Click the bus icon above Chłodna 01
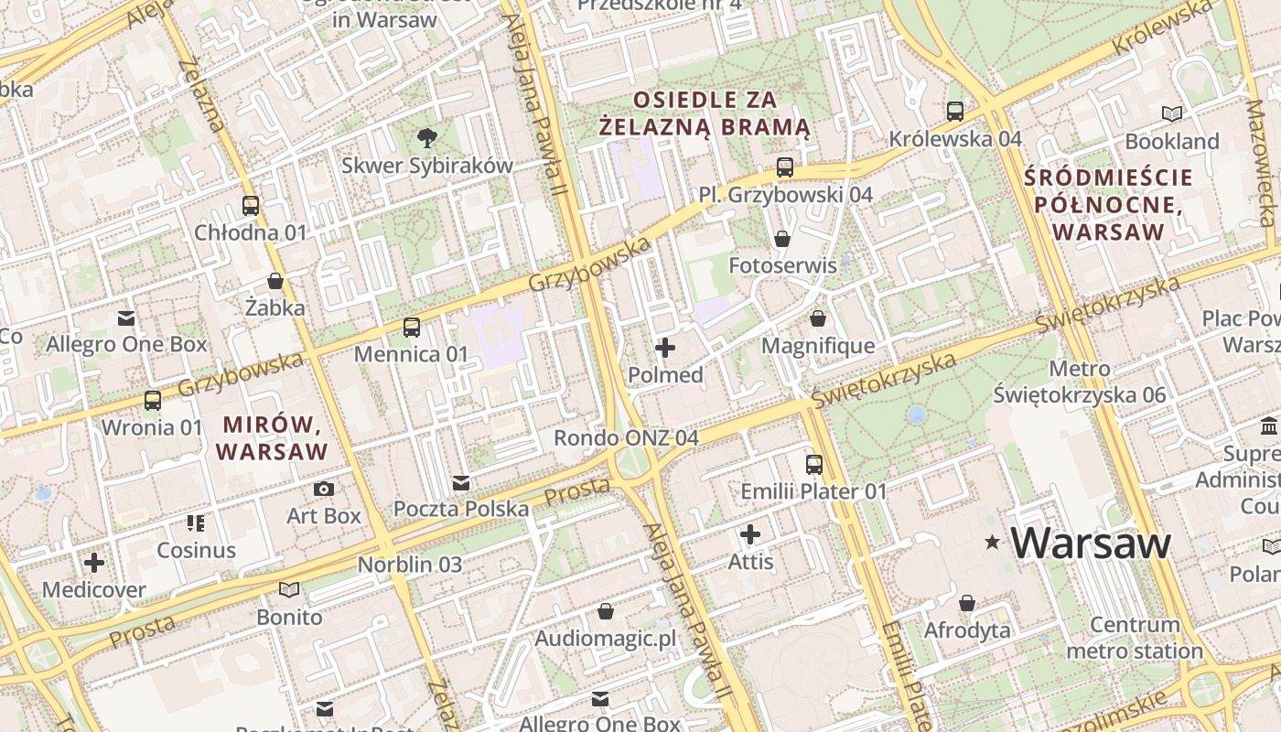pyautogui.click(x=251, y=206)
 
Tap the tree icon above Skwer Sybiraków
pyautogui.click(x=426, y=139)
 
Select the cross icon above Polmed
pyautogui.click(x=665, y=348)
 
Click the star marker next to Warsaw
pyautogui.click(x=992, y=544)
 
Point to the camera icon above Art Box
pyautogui.click(x=324, y=490)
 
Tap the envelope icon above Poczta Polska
pyautogui.click(x=461, y=482)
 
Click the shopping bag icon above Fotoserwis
pyautogui.click(x=782, y=239)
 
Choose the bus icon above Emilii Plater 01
pyautogui.click(x=814, y=465)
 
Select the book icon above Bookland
pyautogui.click(x=1171, y=114)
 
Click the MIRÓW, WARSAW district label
pyautogui.click(x=272, y=438)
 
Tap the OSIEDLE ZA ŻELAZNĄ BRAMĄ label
pyautogui.click(x=705, y=113)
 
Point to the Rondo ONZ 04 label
pyautogui.click(x=626, y=438)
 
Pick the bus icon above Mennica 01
pyautogui.click(x=412, y=328)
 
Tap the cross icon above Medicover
pyautogui.click(x=93, y=563)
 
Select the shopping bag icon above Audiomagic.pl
pyautogui.click(x=605, y=611)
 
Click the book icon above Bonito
pyautogui.click(x=289, y=590)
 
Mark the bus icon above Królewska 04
pyautogui.click(x=955, y=112)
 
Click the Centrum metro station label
pyautogui.click(x=1135, y=639)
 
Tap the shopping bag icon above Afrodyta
pyautogui.click(x=967, y=604)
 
